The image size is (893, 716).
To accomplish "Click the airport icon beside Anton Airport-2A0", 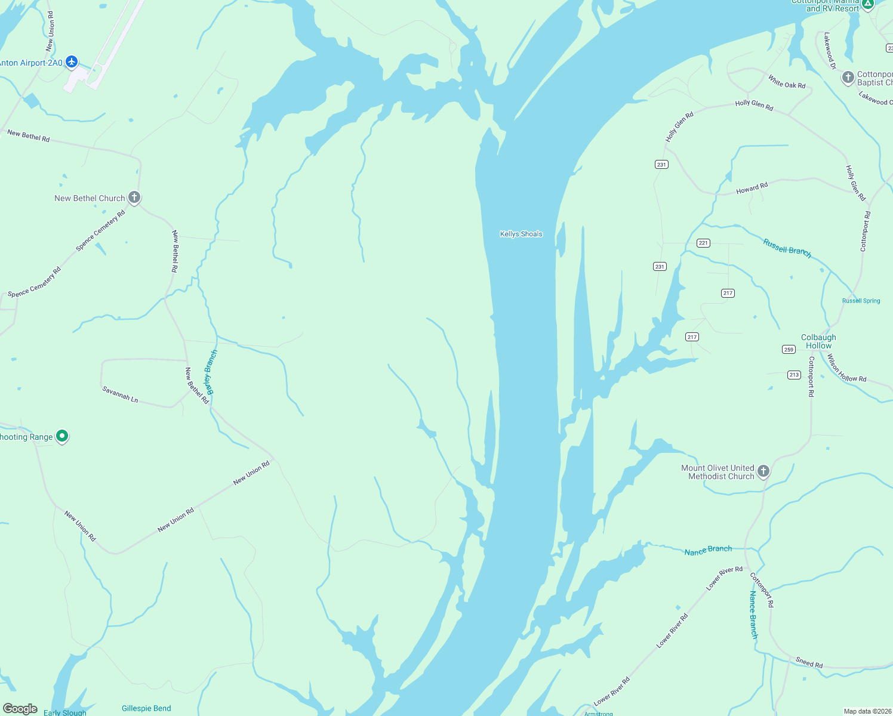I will (x=72, y=61).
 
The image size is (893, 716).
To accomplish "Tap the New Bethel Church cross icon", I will (x=134, y=197).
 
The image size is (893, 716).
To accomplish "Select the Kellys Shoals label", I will (x=521, y=234).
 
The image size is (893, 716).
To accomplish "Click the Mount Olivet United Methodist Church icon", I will (x=763, y=472).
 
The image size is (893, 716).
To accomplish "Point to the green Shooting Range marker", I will (x=62, y=437).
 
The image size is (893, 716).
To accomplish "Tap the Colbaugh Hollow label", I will (x=818, y=341).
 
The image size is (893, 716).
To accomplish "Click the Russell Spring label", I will (x=861, y=301).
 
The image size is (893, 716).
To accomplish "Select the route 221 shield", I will (x=703, y=243).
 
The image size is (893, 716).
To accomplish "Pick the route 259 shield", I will (x=789, y=349).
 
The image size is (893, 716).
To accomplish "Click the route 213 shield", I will (x=793, y=375).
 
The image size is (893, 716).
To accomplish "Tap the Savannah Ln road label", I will (x=120, y=394).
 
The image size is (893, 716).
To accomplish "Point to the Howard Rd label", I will (x=752, y=189).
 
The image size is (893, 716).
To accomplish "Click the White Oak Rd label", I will (x=786, y=81).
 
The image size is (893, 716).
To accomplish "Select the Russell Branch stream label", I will (x=787, y=248).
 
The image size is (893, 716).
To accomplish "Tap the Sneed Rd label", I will (x=809, y=662).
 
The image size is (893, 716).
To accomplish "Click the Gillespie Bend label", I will (x=146, y=708).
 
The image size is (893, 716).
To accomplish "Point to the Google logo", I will (x=20, y=709).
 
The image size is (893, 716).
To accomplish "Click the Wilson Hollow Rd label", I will (x=846, y=369).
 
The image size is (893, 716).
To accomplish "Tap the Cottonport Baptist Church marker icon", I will (x=848, y=78).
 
